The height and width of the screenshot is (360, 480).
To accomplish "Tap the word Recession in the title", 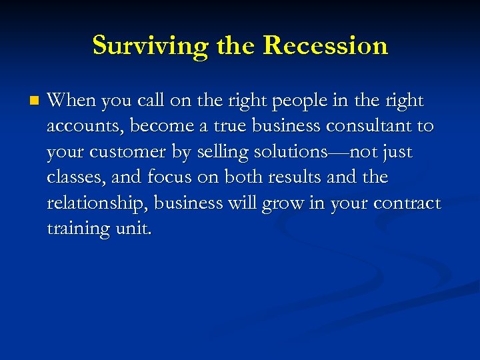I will pos(325,46).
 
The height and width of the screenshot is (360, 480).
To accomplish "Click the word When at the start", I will pos(69,101).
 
